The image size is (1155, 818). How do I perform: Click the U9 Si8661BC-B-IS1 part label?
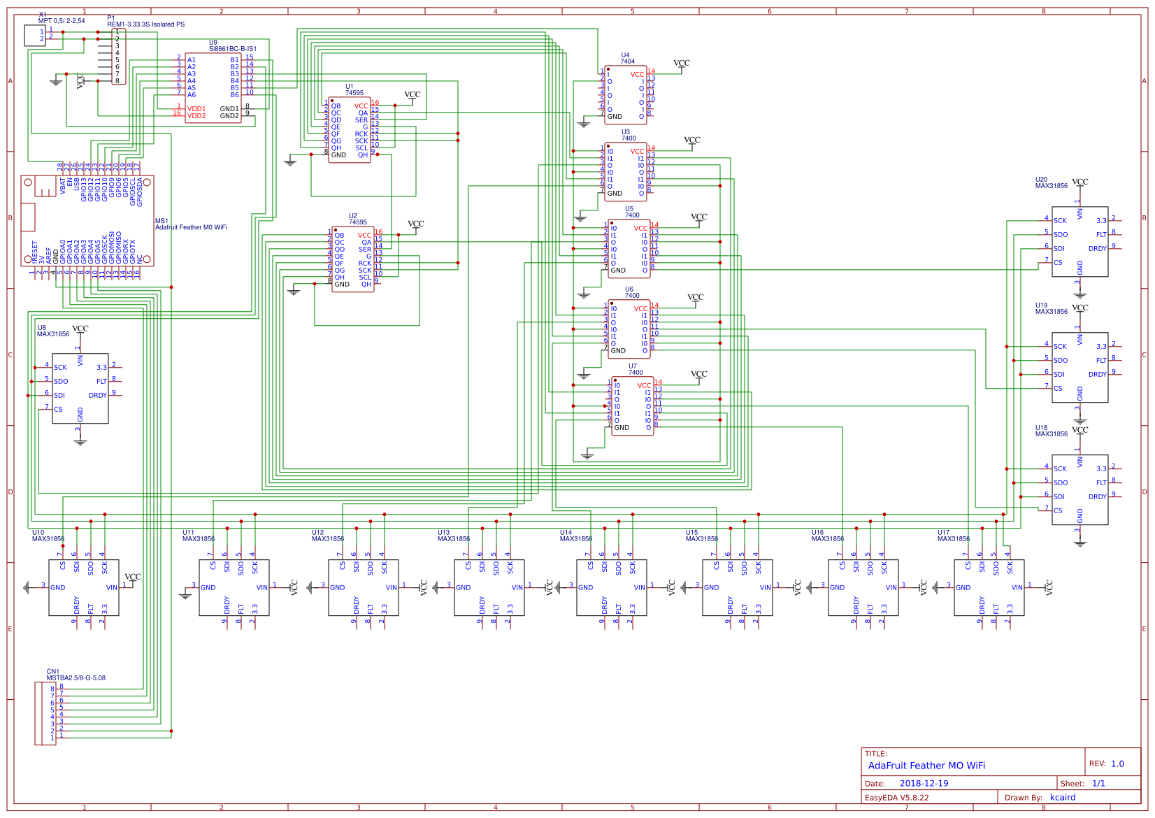[232, 49]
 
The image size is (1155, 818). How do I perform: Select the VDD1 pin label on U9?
[196, 109]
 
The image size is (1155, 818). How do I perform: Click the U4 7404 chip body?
[625, 95]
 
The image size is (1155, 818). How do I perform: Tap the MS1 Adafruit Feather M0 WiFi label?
[190, 227]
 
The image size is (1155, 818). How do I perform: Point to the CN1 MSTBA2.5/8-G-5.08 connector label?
[76, 677]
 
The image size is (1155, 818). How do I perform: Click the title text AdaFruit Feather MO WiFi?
[926, 766]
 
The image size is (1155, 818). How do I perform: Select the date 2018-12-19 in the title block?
[924, 784]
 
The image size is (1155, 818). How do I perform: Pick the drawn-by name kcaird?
[1063, 798]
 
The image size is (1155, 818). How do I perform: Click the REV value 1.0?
[1117, 763]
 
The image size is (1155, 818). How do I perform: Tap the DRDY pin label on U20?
[1097, 249]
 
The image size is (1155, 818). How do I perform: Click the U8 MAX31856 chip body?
[80, 388]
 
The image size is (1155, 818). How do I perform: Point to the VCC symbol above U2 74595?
[415, 224]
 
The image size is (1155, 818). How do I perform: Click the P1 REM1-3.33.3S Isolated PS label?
[145, 24]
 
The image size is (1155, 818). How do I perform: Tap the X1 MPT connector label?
[61, 21]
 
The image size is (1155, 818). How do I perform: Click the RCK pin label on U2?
[364, 264]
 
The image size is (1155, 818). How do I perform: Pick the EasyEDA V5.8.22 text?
[896, 798]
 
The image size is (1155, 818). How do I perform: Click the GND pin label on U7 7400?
[622, 427]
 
